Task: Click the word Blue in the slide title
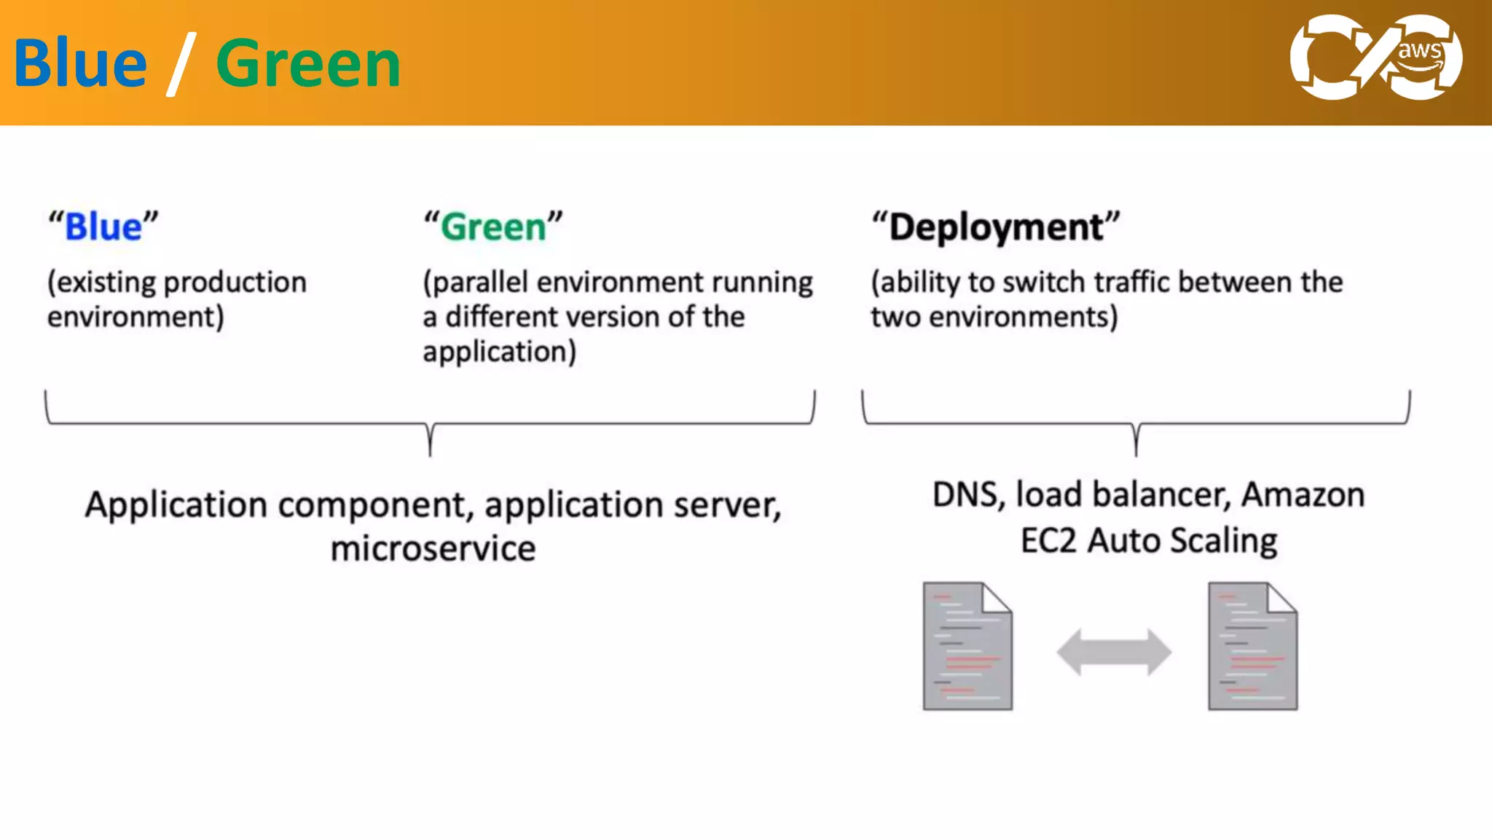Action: (x=80, y=64)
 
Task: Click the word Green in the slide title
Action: (x=308, y=64)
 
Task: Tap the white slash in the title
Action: (x=181, y=64)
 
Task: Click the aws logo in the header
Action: (x=1375, y=57)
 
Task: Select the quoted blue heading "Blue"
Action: (x=103, y=227)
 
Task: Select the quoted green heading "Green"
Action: (x=493, y=227)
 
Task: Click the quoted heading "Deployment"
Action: (x=996, y=227)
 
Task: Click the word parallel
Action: (x=480, y=283)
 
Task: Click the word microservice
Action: (x=433, y=548)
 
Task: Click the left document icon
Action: (x=967, y=646)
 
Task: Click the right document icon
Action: (x=1252, y=646)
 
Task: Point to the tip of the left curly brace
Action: (x=431, y=453)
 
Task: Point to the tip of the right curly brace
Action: (x=1136, y=453)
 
